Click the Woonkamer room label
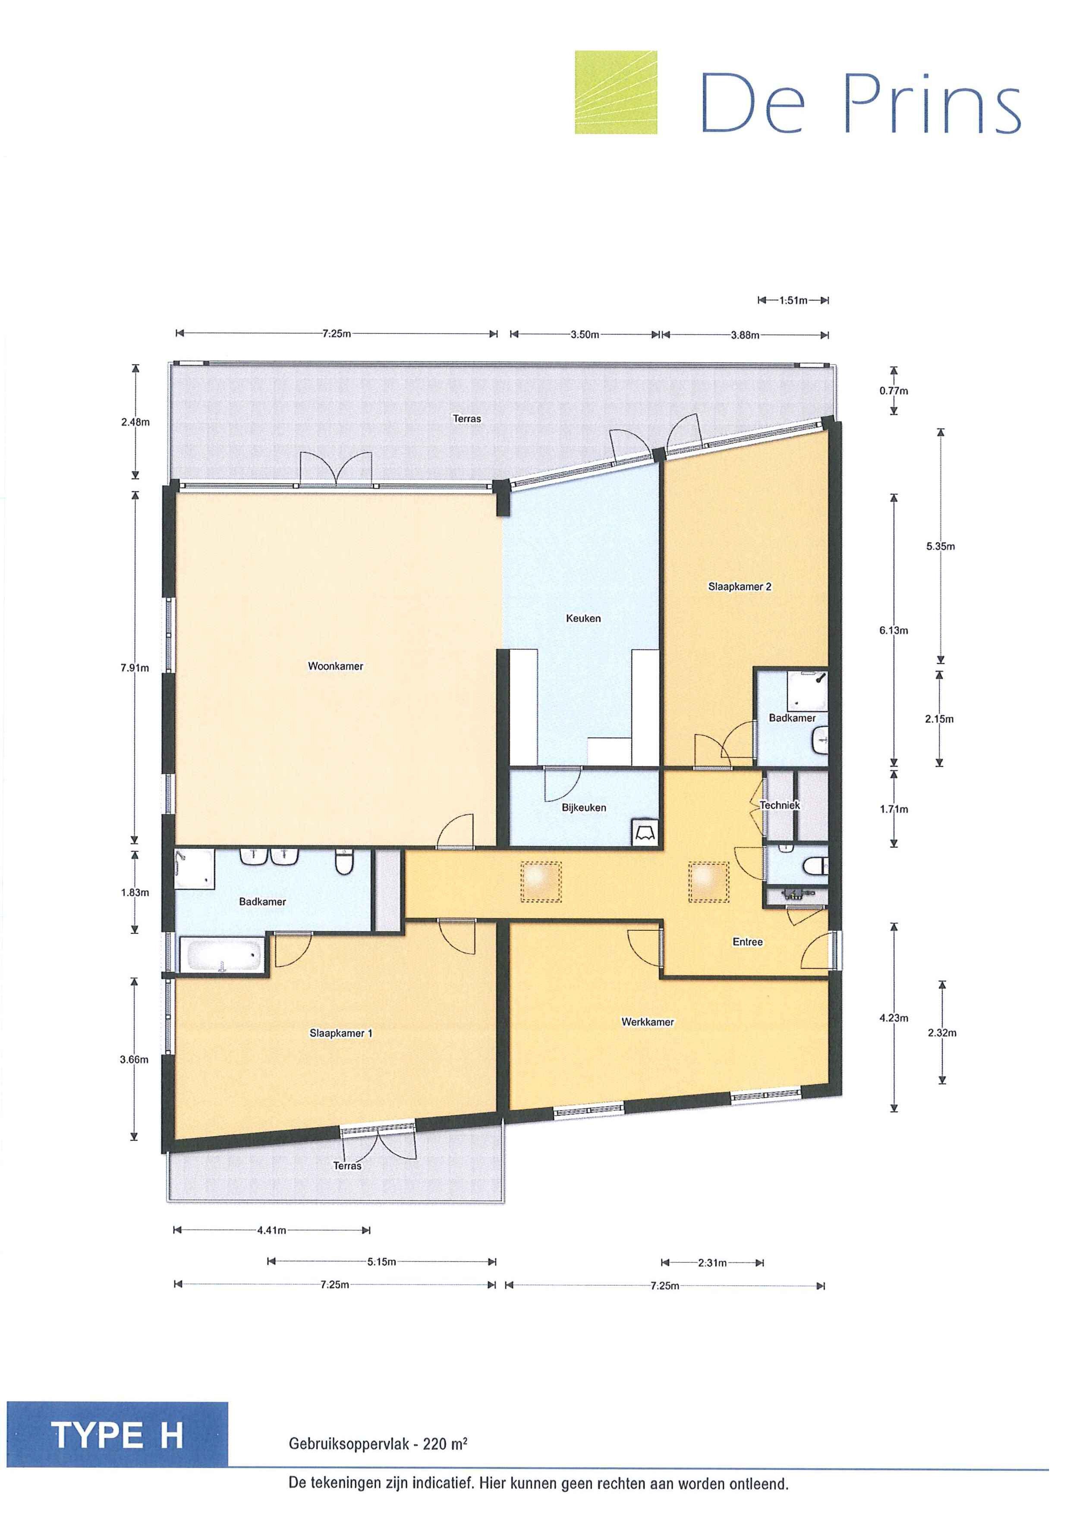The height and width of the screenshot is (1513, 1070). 336,666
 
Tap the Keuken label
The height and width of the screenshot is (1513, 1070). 583,618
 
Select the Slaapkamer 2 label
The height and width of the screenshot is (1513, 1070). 740,587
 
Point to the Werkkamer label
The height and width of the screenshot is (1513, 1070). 648,1022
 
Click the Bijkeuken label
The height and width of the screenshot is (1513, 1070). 584,807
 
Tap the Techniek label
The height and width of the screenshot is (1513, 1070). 780,805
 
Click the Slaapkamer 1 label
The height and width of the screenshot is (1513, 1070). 341,1033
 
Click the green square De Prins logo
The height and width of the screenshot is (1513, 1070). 616,92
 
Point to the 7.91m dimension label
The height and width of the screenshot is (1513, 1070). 135,668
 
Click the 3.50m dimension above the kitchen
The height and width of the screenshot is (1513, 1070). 585,334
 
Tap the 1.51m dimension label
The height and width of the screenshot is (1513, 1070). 793,301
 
